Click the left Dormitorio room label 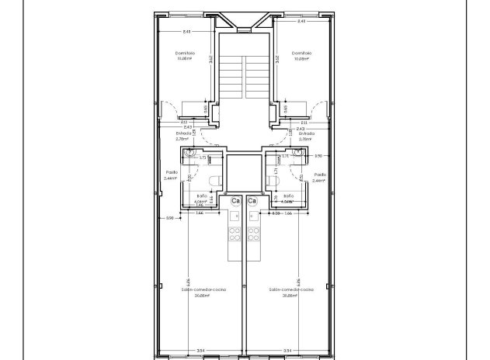click(x=185, y=53)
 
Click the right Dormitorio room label click(x=301, y=53)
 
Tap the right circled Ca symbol click(x=252, y=202)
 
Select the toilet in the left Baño click(x=220, y=180)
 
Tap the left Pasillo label click(x=172, y=174)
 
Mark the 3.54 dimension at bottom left click(x=200, y=351)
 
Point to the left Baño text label click(x=201, y=196)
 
